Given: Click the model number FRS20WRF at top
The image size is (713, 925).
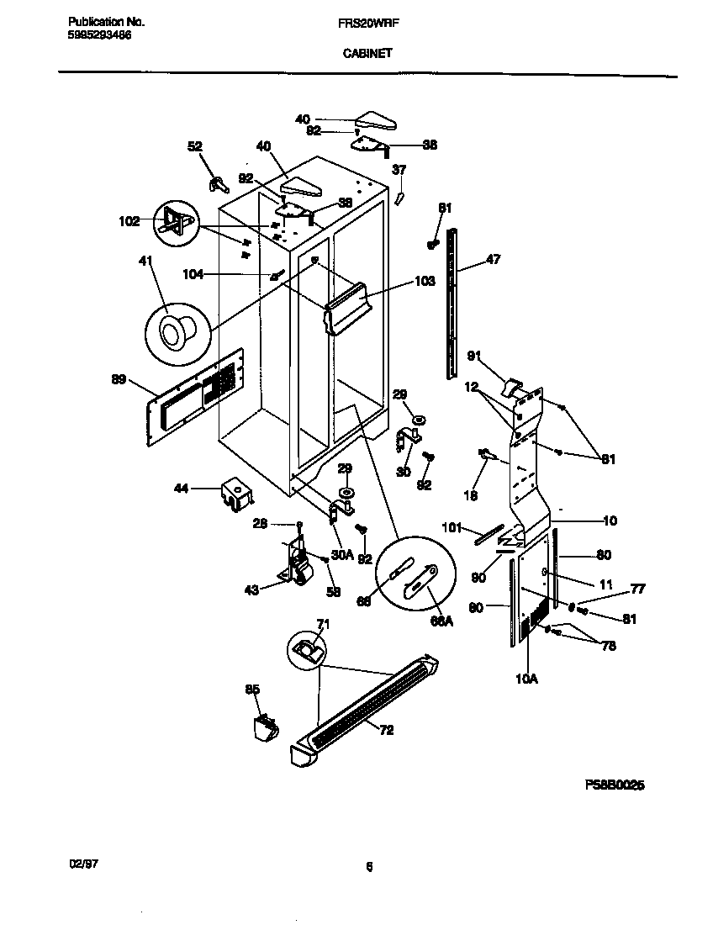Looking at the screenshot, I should tap(367, 25).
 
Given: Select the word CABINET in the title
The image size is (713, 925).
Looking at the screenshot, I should tap(367, 52).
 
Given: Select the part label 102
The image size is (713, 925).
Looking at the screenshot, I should tap(129, 223).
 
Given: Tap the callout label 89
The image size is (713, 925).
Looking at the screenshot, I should tap(119, 380).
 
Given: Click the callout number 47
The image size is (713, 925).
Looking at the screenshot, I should tap(493, 260).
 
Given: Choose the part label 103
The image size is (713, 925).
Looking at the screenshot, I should tap(425, 281).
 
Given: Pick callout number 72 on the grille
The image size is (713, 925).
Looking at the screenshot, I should tap(386, 730).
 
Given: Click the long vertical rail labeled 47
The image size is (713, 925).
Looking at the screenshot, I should tap(454, 303).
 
